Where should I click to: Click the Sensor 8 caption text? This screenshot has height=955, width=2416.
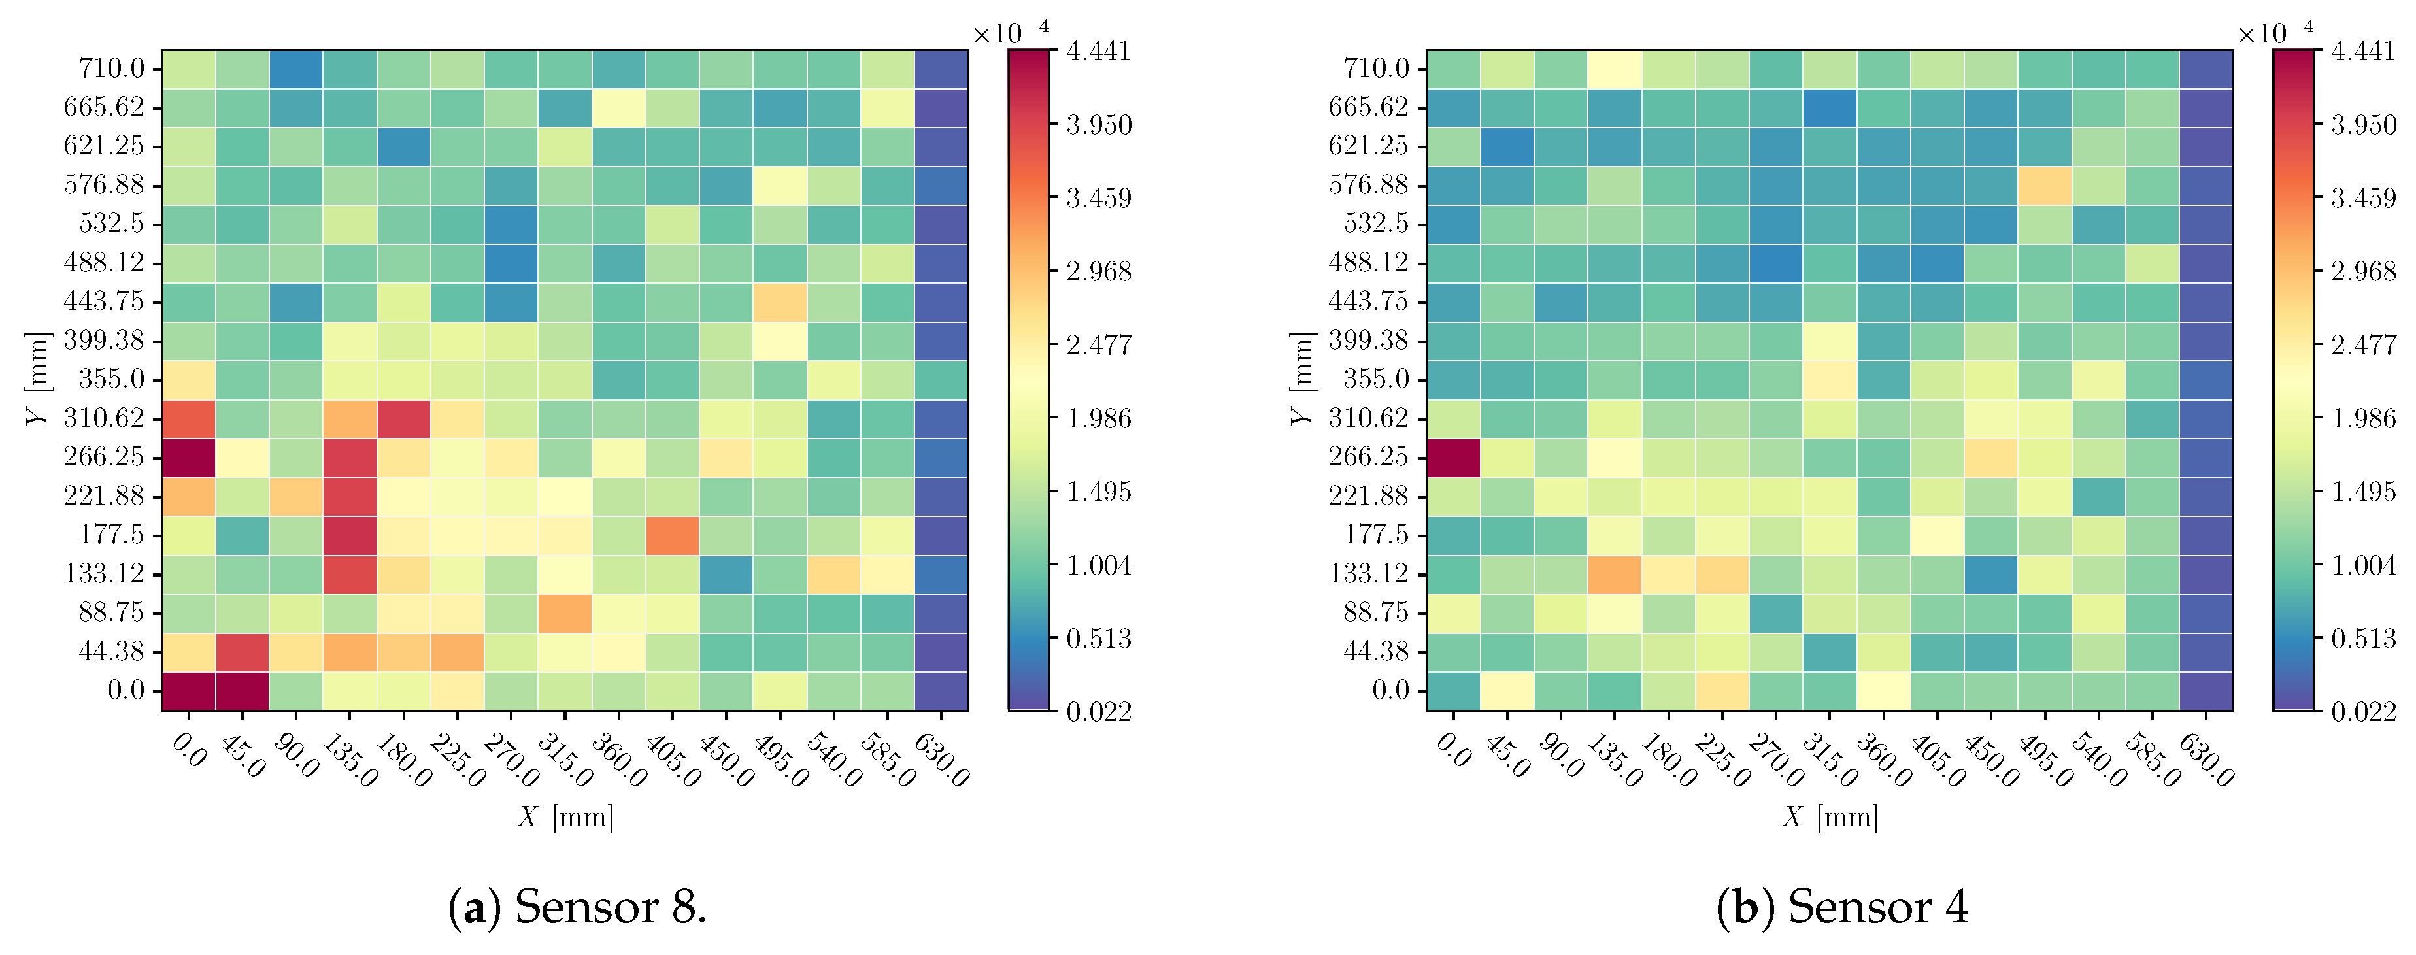pos(577,907)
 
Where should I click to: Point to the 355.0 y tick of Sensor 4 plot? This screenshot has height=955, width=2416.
pos(1376,379)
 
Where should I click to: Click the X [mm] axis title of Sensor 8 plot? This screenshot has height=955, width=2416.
pos(565,817)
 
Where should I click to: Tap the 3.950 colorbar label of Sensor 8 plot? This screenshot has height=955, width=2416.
pos(1098,125)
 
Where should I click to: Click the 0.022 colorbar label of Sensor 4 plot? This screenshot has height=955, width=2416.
pos(2362,712)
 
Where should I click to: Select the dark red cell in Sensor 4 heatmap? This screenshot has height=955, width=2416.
pos(1452,457)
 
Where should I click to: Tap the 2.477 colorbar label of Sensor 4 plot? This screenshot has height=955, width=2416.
pos(2362,345)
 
